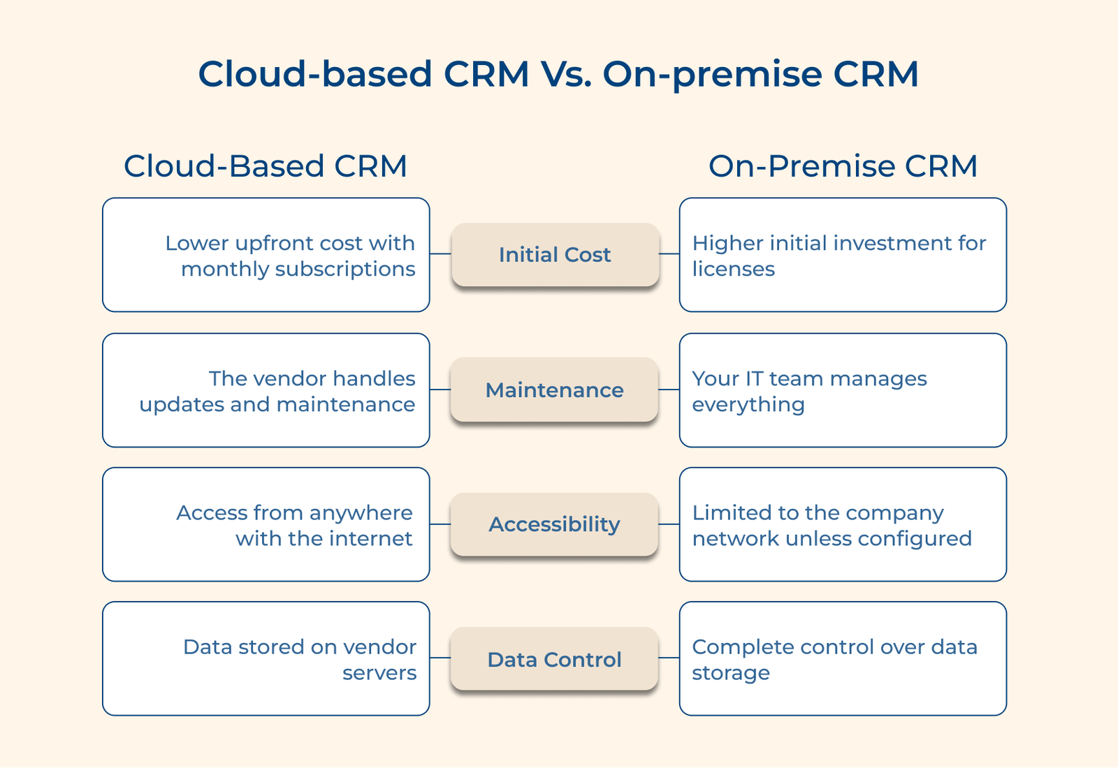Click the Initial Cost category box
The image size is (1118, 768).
(x=555, y=255)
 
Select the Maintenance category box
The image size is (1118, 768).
(x=555, y=390)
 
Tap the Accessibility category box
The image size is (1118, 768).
(x=555, y=524)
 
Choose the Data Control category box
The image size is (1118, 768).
(x=555, y=659)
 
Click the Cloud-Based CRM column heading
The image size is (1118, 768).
(x=266, y=166)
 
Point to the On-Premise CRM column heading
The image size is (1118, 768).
(x=843, y=166)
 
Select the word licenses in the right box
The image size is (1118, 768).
(x=733, y=269)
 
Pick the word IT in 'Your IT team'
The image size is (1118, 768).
(x=754, y=378)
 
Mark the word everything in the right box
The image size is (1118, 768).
(x=748, y=405)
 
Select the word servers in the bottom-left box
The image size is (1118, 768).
(x=379, y=673)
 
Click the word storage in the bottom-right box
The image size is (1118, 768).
(x=730, y=673)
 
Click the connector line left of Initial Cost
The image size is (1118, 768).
(x=440, y=254)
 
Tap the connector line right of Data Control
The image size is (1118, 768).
(x=669, y=658)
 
